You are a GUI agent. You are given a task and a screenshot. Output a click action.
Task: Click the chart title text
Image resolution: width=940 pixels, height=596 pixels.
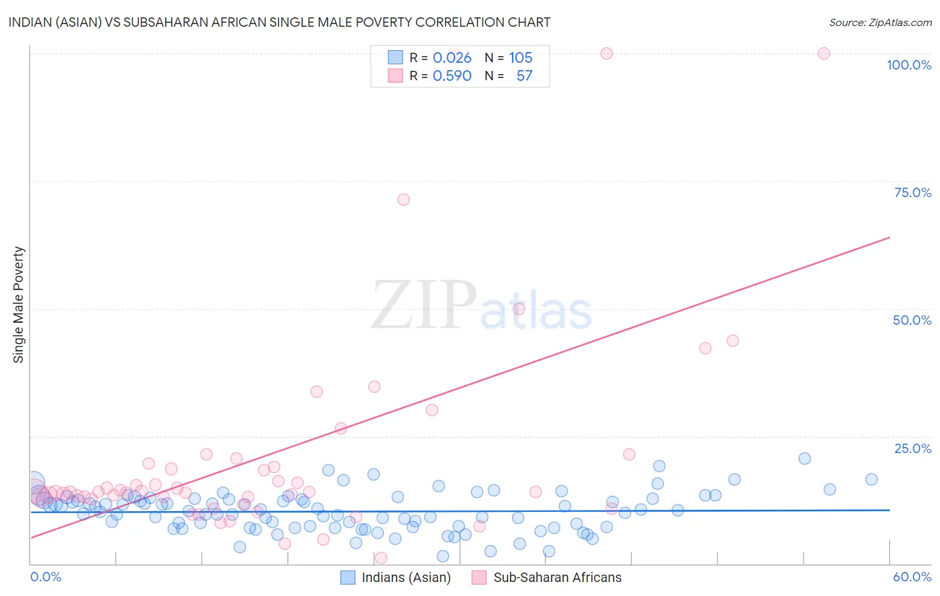pyautogui.click(x=279, y=22)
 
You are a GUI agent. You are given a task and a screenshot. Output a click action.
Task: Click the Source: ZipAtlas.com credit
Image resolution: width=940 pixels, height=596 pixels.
pyautogui.click(x=880, y=22)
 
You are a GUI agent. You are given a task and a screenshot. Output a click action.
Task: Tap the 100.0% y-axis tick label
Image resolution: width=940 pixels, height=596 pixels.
pyautogui.click(x=909, y=65)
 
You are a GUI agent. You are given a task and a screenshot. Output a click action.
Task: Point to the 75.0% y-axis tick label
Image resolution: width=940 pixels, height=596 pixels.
pyautogui.click(x=913, y=192)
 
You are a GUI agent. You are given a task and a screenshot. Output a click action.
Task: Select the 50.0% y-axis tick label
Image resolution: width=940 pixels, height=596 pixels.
pyautogui.click(x=912, y=320)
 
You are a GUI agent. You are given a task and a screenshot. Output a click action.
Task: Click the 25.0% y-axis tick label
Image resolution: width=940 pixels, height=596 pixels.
pyautogui.click(x=913, y=448)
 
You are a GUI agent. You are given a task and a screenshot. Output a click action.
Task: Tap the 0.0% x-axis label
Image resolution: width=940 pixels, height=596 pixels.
pyautogui.click(x=45, y=577)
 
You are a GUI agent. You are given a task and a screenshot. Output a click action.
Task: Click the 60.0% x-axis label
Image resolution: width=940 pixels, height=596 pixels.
pyautogui.click(x=912, y=577)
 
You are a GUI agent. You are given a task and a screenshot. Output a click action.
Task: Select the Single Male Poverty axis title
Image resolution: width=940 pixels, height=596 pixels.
pyautogui.click(x=19, y=305)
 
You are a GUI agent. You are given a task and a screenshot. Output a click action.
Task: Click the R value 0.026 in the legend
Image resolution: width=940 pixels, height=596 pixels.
pyautogui.click(x=452, y=58)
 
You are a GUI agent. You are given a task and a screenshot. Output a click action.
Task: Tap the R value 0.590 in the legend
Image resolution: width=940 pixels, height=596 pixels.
pyautogui.click(x=452, y=76)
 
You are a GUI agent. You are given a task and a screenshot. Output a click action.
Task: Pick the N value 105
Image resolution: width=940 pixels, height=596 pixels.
pyautogui.click(x=520, y=58)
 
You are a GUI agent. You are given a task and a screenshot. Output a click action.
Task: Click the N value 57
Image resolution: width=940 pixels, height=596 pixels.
pyautogui.click(x=524, y=76)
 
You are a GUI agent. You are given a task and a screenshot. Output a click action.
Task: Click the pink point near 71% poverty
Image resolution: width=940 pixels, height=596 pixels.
pyautogui.click(x=403, y=200)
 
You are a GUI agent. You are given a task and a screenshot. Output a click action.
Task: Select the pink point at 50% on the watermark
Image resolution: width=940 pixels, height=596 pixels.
pyautogui.click(x=519, y=309)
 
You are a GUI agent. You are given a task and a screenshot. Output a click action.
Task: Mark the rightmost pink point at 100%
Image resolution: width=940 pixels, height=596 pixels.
pyautogui.click(x=824, y=53)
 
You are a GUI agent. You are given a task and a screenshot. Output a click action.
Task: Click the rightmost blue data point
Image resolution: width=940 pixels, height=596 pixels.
pyautogui.click(x=871, y=479)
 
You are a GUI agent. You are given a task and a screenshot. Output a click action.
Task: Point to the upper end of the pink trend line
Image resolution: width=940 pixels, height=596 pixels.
pyautogui.click(x=889, y=237)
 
